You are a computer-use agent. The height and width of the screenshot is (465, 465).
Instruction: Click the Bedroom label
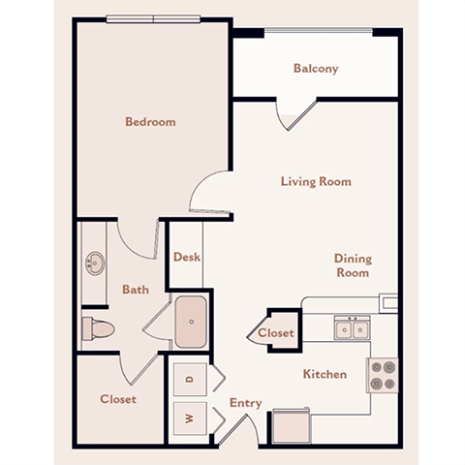coord(150,122)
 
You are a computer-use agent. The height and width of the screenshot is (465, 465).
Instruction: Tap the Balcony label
coord(315,69)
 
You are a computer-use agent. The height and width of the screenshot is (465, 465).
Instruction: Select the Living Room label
coord(315,181)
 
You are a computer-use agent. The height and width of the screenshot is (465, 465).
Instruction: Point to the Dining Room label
coord(353,265)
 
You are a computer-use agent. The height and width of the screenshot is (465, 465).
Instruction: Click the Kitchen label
coord(325,374)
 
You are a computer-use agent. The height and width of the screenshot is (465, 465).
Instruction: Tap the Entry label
coord(246,403)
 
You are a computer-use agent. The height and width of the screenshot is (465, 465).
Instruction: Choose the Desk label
coord(186,258)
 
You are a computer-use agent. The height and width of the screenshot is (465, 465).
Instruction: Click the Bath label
coord(135,289)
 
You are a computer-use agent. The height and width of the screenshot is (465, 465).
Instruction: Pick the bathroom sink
coord(96,262)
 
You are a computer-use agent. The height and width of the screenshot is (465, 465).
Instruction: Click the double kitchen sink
coord(351,328)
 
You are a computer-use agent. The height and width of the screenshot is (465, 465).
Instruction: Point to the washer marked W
coord(190,418)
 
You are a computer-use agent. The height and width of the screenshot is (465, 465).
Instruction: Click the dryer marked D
coord(190,379)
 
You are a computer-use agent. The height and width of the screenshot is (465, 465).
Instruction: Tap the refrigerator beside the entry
coord(290,424)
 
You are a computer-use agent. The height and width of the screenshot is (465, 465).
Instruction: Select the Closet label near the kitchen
coord(276,333)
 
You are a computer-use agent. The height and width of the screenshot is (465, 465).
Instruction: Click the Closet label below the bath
coord(118,399)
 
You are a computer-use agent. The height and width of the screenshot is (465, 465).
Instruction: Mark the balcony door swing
coord(292,114)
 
